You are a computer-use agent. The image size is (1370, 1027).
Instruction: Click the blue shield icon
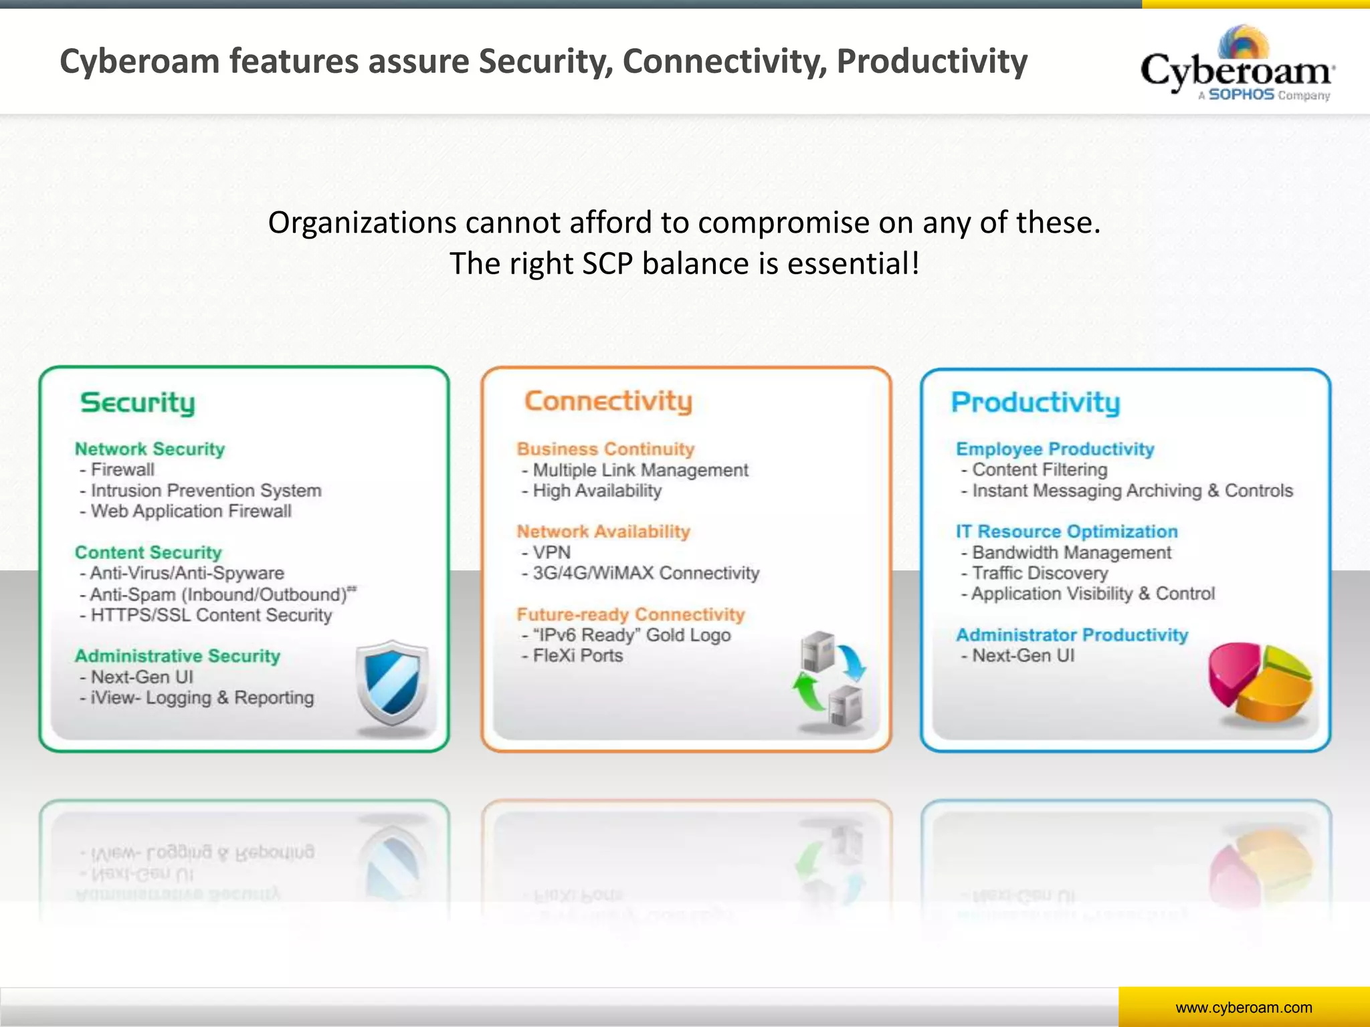(x=392, y=687)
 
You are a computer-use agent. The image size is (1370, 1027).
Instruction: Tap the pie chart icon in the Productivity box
(x=1260, y=683)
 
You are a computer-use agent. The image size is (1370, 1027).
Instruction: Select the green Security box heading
(x=138, y=403)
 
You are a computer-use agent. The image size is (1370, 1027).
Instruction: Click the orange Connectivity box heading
(x=608, y=401)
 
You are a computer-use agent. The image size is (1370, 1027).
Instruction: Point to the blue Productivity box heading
(x=1036, y=403)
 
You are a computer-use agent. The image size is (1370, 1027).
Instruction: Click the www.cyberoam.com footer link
(x=1244, y=1008)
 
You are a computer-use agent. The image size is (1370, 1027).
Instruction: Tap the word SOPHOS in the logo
(x=1241, y=95)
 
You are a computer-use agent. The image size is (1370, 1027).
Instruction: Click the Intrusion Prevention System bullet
(x=205, y=491)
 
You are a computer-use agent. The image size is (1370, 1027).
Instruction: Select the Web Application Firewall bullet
(x=191, y=511)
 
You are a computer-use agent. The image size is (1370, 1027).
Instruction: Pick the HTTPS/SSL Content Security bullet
(x=211, y=615)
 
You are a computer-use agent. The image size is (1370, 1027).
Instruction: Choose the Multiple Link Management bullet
(x=640, y=470)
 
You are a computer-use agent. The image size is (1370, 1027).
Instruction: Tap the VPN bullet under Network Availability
(x=551, y=552)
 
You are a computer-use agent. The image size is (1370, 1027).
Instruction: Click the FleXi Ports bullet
(x=577, y=656)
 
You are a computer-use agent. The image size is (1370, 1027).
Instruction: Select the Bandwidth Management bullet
(x=1071, y=552)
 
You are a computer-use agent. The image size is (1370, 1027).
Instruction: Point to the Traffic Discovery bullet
(x=1040, y=573)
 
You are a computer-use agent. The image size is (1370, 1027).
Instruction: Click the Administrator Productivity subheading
(x=1072, y=635)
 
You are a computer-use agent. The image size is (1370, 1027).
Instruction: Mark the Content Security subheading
(x=148, y=552)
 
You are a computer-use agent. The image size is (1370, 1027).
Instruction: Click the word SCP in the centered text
(x=607, y=263)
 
